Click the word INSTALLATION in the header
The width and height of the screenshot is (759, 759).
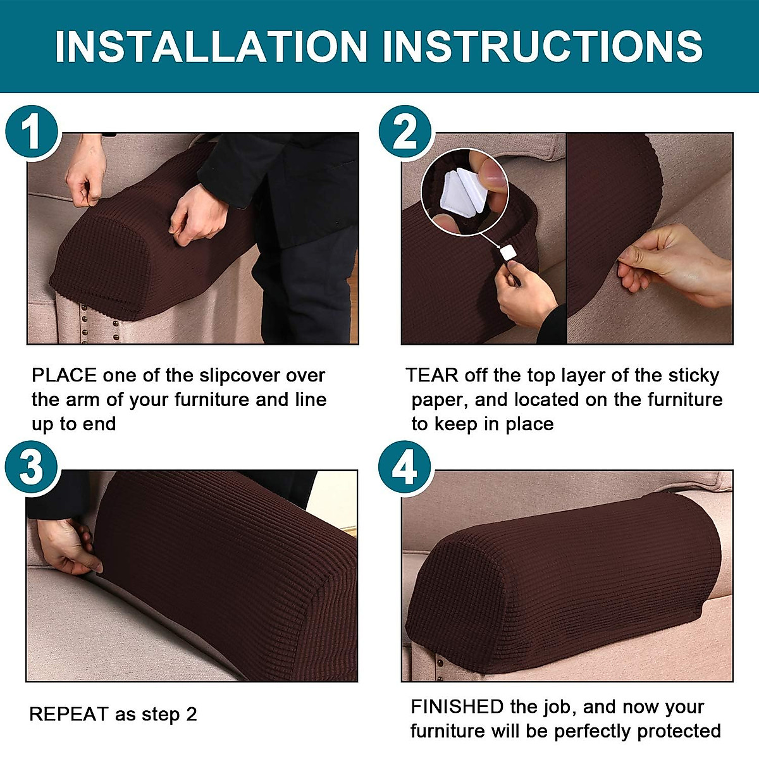(x=211, y=46)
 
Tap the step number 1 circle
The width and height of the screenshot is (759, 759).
(x=32, y=133)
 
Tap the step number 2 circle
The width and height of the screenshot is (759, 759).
(x=405, y=133)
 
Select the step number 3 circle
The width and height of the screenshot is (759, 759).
(x=32, y=469)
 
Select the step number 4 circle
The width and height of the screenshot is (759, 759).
(x=405, y=469)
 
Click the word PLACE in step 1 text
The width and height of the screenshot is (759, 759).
(x=64, y=376)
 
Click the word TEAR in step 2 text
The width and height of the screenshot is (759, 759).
(x=433, y=376)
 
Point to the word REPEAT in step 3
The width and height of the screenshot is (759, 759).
(x=69, y=715)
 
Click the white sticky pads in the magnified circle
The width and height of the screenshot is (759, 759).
(x=464, y=188)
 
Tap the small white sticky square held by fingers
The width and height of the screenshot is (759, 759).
(x=509, y=254)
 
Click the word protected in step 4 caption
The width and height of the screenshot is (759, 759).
(x=678, y=731)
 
